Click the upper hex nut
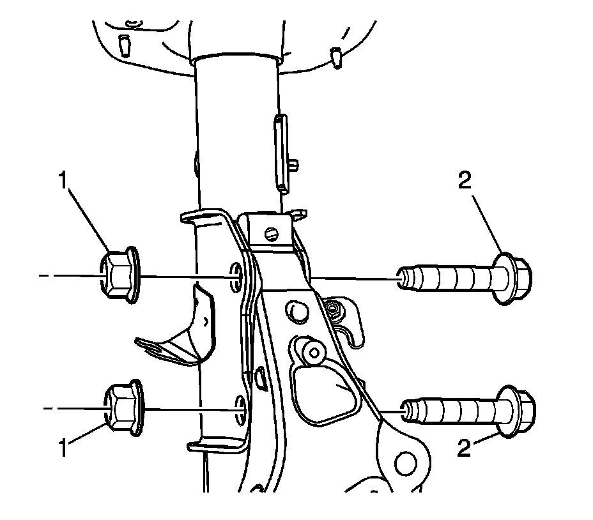coord(120,276)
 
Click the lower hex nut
coord(121,409)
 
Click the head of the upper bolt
coord(515,279)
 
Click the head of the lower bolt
coord(517,412)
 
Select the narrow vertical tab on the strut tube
coord(280,152)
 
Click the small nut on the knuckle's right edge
coord(332,310)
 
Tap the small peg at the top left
coord(125,45)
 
